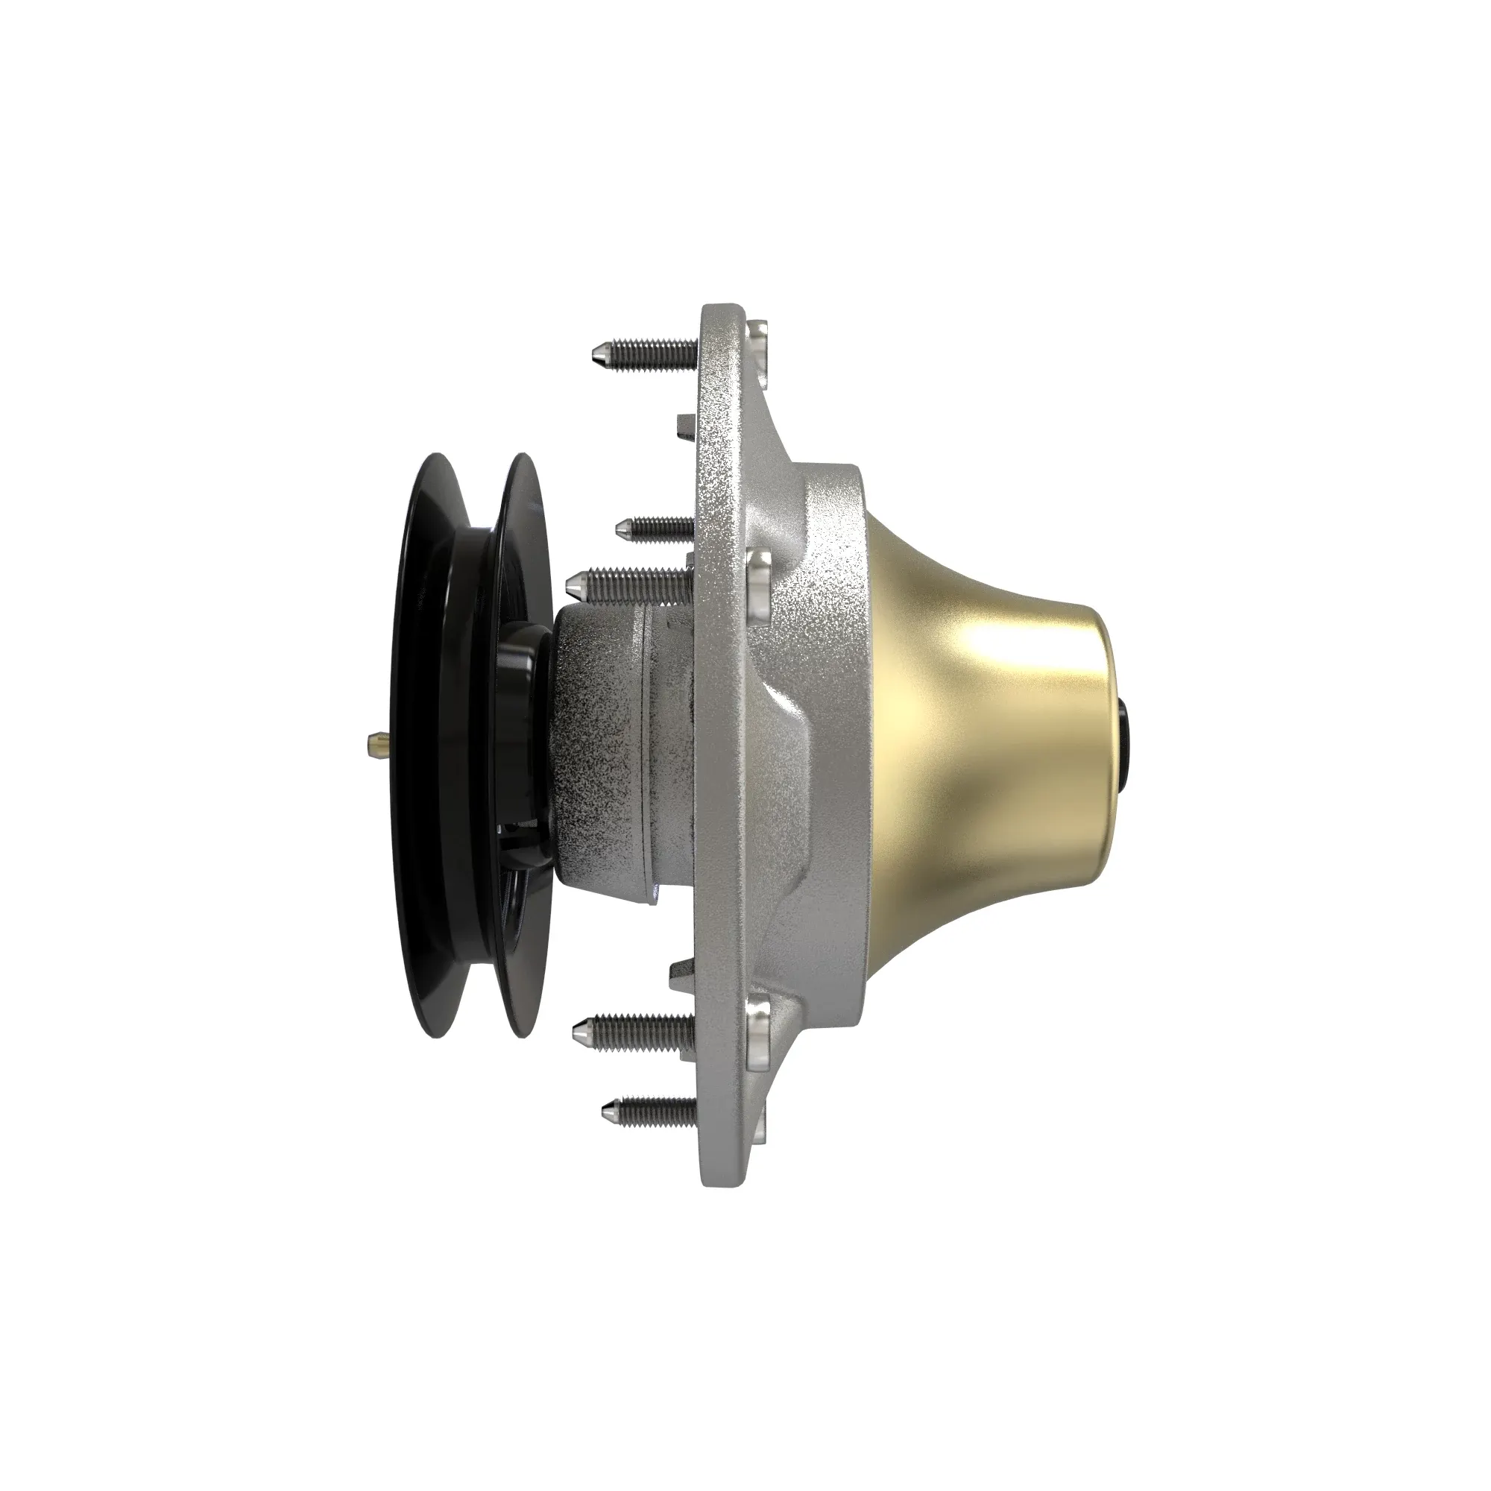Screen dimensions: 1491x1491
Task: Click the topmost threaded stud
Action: tap(649, 356)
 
